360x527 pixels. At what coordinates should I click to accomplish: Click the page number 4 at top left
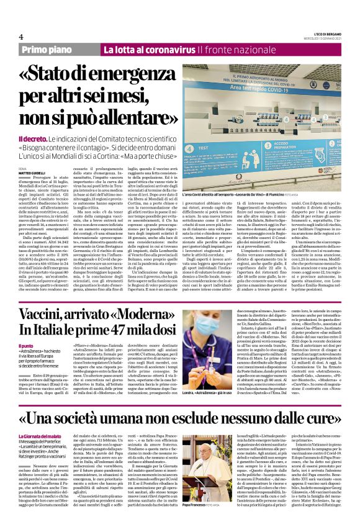point(22,37)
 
